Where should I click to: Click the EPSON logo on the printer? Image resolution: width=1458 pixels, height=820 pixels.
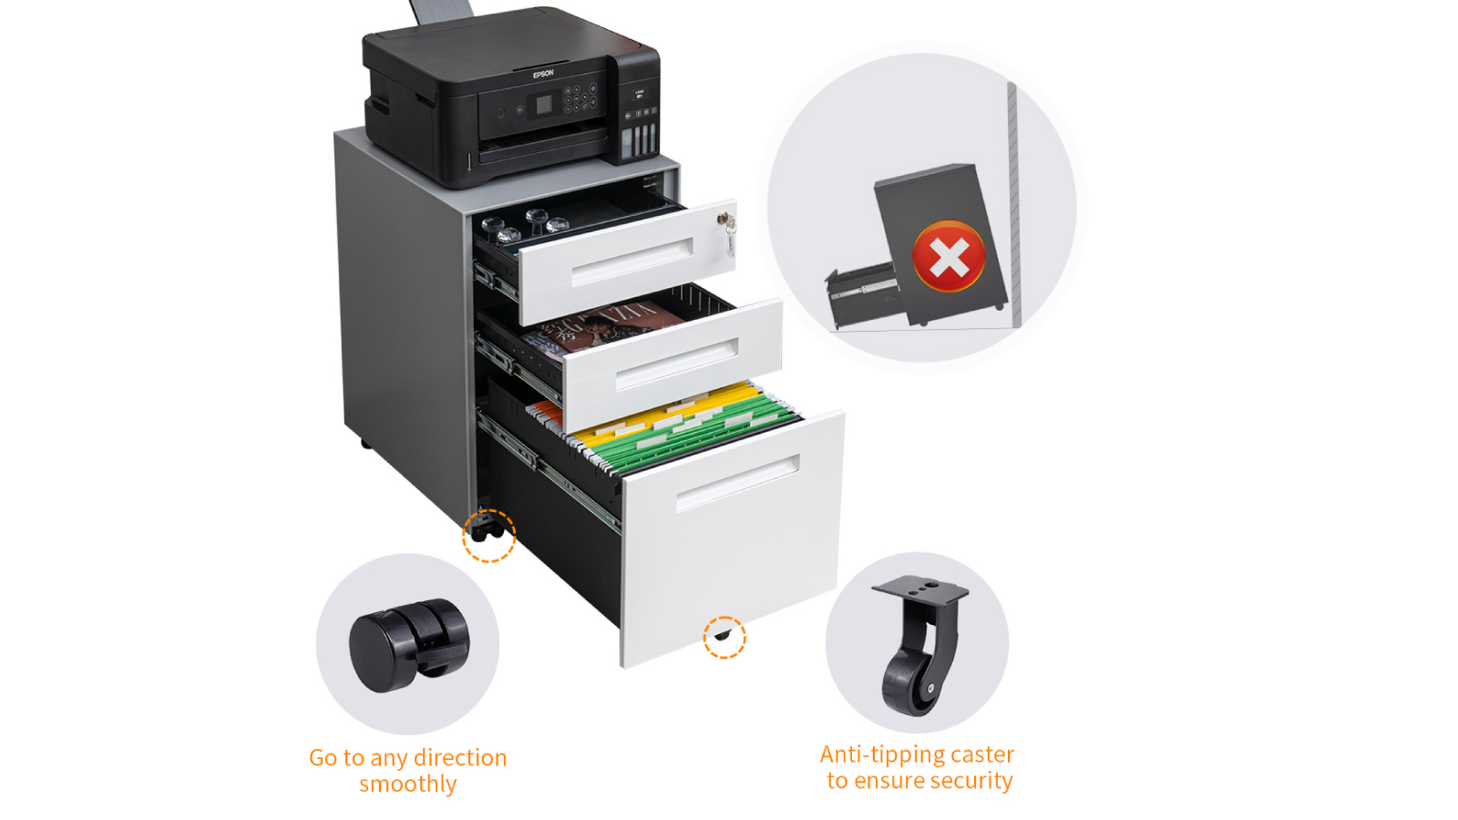pos(543,74)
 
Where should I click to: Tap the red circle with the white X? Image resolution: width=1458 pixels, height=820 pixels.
pos(949,256)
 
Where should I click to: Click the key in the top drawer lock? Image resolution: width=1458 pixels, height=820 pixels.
pos(728,231)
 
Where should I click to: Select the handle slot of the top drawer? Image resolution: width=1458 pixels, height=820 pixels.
pos(631,261)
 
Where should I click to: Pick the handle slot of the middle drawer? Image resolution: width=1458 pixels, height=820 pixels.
pos(677,364)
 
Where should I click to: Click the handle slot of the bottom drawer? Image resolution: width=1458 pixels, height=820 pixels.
pos(737,483)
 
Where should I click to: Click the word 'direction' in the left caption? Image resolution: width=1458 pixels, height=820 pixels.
pos(460,758)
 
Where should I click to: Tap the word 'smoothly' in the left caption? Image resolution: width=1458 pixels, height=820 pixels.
pos(408,784)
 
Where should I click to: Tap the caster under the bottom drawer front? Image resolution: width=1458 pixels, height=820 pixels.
pos(722,634)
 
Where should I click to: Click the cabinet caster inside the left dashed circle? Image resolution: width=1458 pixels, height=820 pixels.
pos(487,531)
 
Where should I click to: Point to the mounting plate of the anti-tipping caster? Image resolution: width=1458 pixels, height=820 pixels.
pos(920,589)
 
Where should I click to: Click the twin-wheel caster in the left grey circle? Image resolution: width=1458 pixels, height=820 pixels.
pos(409,644)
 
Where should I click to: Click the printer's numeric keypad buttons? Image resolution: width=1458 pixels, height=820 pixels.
pos(580,97)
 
